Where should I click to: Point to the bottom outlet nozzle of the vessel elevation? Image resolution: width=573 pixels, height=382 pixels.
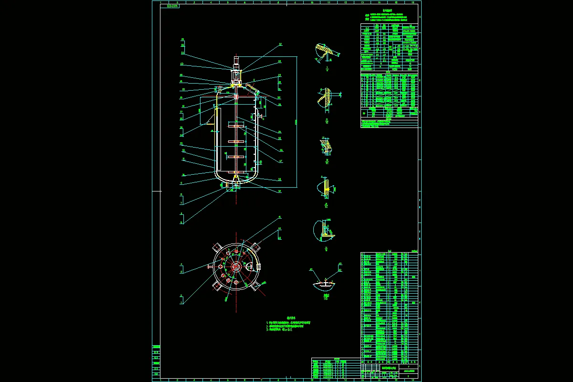236,187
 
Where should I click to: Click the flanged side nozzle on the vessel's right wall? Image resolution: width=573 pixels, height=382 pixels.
260,116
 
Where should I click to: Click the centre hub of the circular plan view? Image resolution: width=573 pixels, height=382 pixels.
236,267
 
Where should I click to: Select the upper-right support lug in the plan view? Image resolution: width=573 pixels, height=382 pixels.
255,246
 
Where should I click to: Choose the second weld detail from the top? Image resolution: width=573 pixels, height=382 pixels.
326,97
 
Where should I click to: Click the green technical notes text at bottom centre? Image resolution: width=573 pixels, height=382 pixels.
291,326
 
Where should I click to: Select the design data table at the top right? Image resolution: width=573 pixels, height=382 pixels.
389,48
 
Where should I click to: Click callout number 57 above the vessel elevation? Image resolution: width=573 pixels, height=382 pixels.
280,44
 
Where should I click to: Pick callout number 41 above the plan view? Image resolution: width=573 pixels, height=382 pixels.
280,217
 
